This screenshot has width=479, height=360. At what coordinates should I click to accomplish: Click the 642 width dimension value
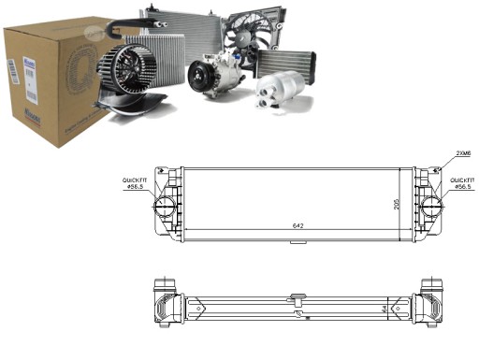click(x=297, y=226)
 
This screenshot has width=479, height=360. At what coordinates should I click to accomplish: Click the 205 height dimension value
click(x=398, y=204)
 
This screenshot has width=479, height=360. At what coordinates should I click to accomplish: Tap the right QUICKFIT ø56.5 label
click(x=462, y=182)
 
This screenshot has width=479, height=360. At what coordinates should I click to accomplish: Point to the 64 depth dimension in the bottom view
click(x=384, y=306)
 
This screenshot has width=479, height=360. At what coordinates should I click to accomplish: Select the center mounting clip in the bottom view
click(x=297, y=299)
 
